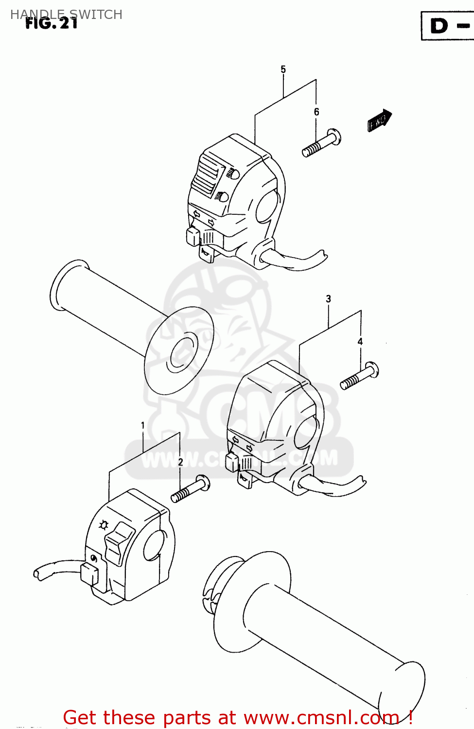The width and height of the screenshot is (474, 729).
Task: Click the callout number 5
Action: pos(283,69)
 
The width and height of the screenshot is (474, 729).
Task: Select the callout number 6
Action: pos(316,112)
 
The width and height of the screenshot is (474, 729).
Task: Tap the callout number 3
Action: pos(328,299)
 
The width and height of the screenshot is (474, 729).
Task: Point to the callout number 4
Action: pos(360,342)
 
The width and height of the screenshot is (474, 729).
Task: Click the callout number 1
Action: pos(143,426)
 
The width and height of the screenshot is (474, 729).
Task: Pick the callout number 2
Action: pos(180,462)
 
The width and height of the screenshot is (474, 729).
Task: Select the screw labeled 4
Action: pos(359,376)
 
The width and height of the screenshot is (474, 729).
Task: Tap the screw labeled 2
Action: pos(191,490)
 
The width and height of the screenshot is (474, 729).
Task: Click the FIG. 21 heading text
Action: pos(52,23)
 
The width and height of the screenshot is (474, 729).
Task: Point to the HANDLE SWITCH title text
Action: pos(66,14)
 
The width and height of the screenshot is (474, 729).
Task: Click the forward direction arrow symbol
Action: pos(379,120)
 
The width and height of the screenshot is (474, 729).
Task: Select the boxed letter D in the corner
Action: pos(439,26)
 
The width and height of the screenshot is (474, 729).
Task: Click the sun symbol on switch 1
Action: pos(103,525)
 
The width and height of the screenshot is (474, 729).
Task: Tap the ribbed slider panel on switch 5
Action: pos(207,175)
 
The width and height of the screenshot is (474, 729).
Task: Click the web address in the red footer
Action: pos(321,717)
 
